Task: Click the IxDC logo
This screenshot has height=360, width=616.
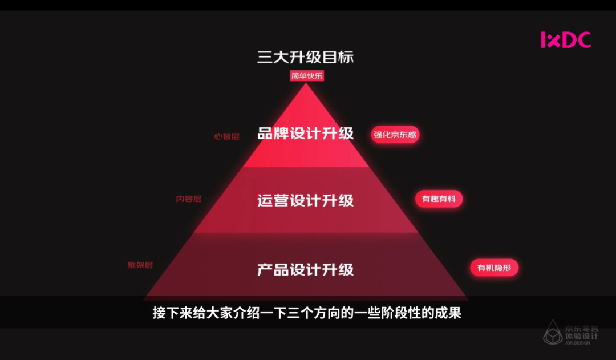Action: (x=565, y=40)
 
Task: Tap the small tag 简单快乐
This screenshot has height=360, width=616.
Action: (x=307, y=76)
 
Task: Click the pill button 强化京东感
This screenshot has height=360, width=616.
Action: (x=395, y=135)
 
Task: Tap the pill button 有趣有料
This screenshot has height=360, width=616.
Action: (x=439, y=199)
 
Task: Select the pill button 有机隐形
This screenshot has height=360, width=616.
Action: (x=494, y=268)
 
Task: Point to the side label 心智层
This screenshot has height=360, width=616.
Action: (x=226, y=137)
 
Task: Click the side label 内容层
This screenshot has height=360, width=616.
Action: (x=188, y=199)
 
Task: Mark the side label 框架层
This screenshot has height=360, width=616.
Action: (x=140, y=265)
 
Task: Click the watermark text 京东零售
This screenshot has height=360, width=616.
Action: (x=582, y=329)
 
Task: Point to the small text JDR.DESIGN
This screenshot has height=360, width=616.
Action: (x=582, y=342)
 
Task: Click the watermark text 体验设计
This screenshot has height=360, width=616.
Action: (x=582, y=336)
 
